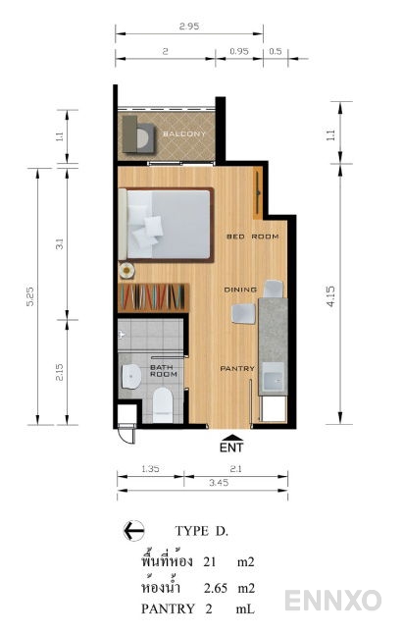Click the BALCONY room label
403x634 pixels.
coord(184,133)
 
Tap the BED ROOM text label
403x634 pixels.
coord(253,237)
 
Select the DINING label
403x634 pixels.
coord(240,290)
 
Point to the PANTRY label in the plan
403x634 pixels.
coord(237,368)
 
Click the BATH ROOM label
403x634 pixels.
coord(164,371)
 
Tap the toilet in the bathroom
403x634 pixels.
coord(163,404)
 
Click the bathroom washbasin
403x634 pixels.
coord(130,376)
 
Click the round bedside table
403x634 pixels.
coord(126,270)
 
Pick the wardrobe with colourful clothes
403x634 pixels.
coord(153,297)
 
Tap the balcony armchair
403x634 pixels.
coord(139,134)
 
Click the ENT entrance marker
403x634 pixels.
coord(231,444)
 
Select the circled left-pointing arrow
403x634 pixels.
coord(133,530)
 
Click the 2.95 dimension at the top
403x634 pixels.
coord(189,26)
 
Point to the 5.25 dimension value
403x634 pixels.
coord(30,296)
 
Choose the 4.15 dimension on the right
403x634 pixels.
coord(330,296)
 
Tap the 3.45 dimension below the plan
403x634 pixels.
coord(219,483)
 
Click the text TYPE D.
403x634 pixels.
coord(202,531)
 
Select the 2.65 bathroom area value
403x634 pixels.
coord(216,588)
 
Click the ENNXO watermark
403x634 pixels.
coord(333,600)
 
